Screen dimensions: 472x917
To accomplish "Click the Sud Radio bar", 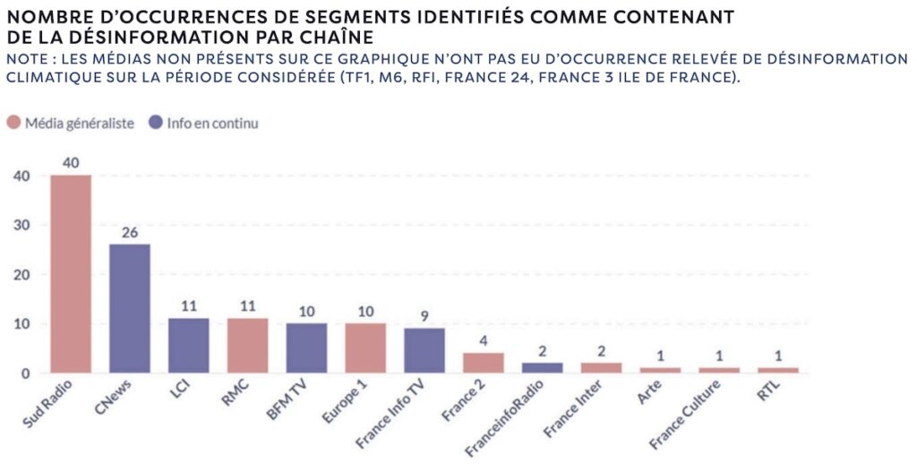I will point(71,273).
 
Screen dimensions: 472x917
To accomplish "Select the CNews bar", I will point(130,308).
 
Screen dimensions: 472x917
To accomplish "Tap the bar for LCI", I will point(188,345).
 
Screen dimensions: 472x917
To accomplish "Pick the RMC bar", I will point(247,345).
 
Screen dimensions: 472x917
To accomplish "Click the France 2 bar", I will point(483,363).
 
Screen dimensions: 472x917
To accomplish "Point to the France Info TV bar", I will point(424,350).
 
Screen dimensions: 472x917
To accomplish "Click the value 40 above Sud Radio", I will point(71,163).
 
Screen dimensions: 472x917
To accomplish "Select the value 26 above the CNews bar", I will point(130,232).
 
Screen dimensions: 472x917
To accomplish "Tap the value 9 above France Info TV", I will point(424,315).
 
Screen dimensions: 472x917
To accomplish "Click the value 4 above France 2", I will point(483,340).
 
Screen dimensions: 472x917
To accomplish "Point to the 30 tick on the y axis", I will point(21,226).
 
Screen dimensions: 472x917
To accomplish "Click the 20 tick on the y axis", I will point(21,275).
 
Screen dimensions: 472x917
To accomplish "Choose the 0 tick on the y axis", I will point(26,373).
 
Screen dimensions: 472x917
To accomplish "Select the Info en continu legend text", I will point(212,123).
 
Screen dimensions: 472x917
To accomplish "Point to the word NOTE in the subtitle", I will point(27,58).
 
